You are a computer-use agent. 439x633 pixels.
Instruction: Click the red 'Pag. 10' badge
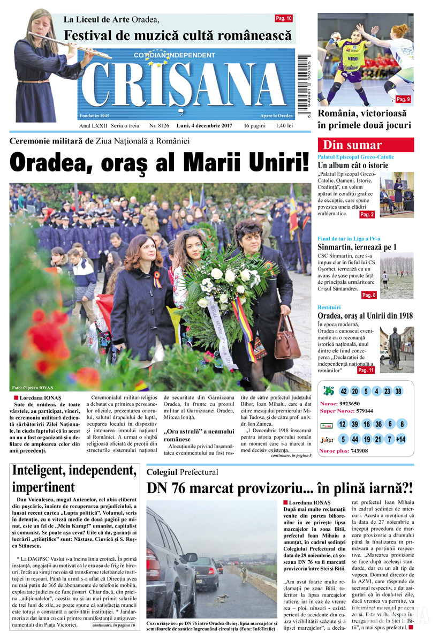coord(284,19)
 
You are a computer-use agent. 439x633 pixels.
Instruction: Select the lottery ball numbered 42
coord(344,391)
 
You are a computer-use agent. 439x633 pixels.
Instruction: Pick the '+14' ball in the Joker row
coord(400,440)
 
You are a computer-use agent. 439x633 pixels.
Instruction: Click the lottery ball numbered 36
coord(379,424)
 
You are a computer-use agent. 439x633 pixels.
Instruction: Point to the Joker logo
coord(327,440)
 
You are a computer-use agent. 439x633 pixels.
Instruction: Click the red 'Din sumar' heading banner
coord(365,145)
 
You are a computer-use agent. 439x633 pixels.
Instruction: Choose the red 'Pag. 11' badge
coord(366,370)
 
